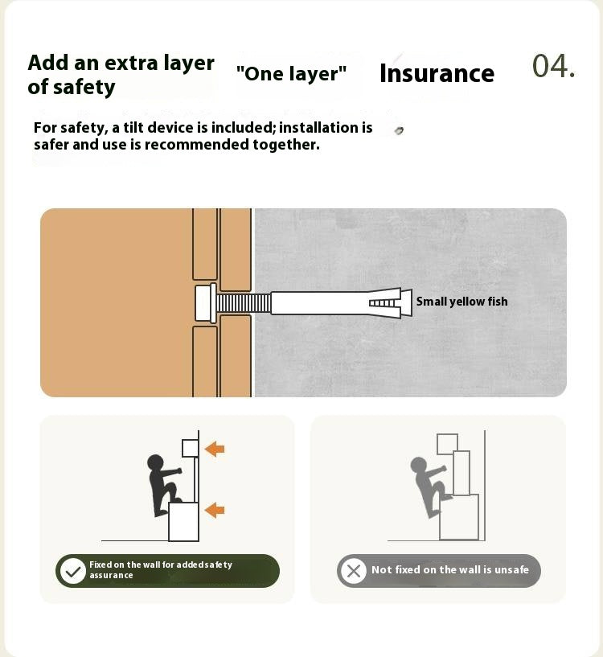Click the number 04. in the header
coord(553,66)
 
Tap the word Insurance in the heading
coord(437,74)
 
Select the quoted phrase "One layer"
coord(292,73)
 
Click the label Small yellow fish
coord(461,302)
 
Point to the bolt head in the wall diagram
coord(206,303)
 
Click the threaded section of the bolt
coord(244,303)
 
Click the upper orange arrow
coord(215,449)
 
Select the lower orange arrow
coord(215,510)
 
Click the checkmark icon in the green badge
coord(73,571)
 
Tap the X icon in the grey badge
coord(353,571)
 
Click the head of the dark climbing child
coord(155,462)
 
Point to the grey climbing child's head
coord(418,465)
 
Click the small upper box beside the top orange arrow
coord(190,449)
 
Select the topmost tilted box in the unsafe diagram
coord(447,444)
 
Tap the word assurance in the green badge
coord(111,576)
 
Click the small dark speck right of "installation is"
coord(399,131)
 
